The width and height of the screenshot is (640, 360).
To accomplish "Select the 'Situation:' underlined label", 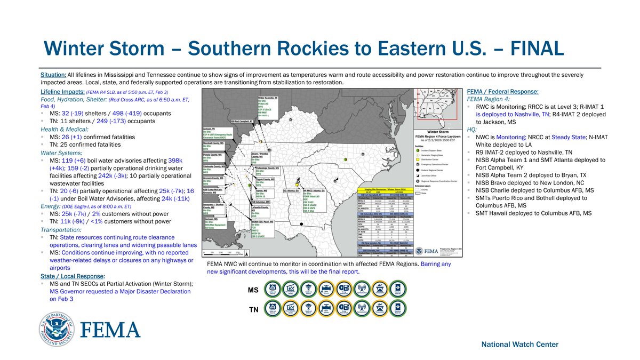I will click(x=54, y=75).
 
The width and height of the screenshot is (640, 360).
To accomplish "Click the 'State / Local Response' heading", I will click(x=73, y=276).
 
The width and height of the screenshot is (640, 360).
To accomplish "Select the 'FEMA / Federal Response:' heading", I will click(x=502, y=91).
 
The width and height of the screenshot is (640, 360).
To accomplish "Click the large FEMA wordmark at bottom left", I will click(x=110, y=330).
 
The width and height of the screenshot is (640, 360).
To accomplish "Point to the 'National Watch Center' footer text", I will click(x=520, y=345).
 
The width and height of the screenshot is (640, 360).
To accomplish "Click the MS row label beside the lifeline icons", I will click(x=254, y=291).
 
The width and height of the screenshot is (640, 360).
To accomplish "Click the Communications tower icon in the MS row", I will click(x=361, y=290).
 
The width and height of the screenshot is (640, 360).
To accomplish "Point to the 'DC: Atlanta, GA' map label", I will click(x=291, y=190).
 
